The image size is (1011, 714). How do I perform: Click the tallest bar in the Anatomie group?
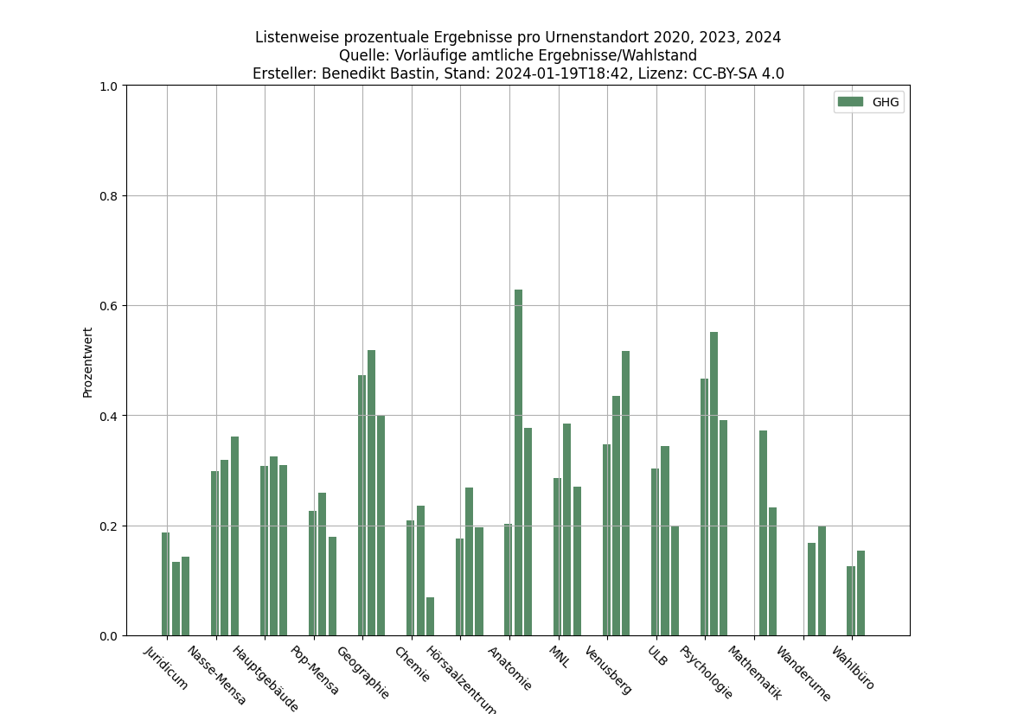(x=518, y=462)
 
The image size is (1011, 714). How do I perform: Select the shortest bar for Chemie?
(x=430, y=616)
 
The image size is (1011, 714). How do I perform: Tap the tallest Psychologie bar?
(x=713, y=484)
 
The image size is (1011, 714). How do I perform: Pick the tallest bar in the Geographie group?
(x=371, y=493)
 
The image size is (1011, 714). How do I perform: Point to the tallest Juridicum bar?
(x=165, y=583)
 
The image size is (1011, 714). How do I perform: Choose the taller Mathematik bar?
(x=763, y=532)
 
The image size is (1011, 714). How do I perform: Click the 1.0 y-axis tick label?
(x=110, y=86)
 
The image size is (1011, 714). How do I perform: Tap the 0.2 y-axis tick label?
(x=110, y=526)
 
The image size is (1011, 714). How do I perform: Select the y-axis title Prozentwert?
(x=87, y=362)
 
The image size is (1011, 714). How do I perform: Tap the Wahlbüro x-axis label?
(x=854, y=668)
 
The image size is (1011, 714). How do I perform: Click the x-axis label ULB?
(x=657, y=656)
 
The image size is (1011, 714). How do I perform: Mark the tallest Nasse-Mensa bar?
(x=234, y=536)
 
